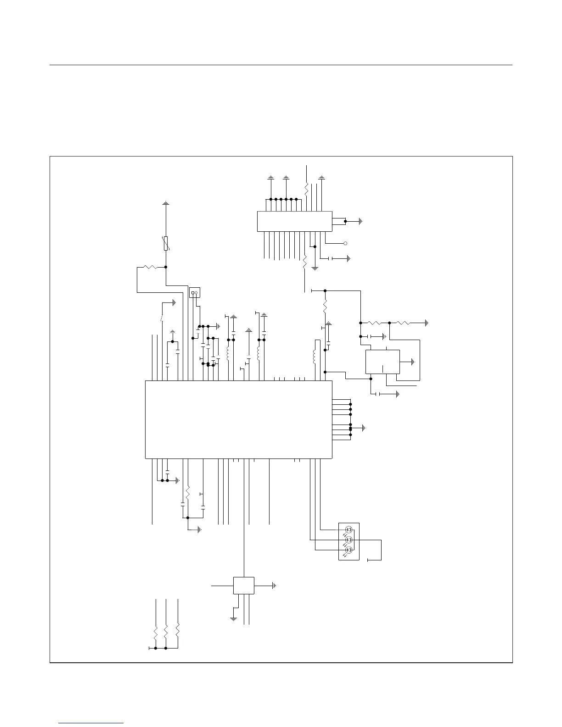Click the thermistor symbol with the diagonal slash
166,243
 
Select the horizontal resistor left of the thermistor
150,267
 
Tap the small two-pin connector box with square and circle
195,292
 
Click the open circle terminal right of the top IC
345,243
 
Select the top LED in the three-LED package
348,530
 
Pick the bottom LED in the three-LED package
348,549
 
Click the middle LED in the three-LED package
348,539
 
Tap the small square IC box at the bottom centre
244,586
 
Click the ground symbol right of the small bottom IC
274,586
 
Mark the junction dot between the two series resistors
389,323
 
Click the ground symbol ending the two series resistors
427,323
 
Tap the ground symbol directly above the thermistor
166,202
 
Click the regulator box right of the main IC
382,362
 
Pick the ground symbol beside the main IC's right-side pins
364,428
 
